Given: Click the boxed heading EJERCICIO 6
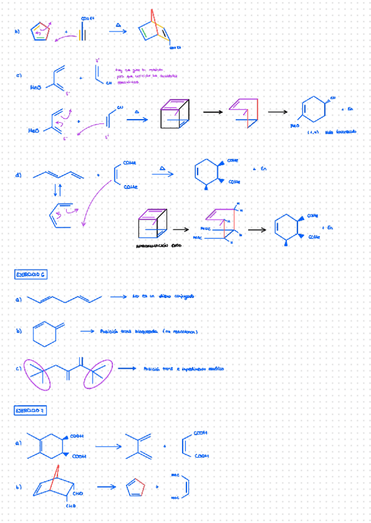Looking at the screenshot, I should (31, 274).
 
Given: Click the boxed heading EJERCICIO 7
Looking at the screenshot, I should (31, 410).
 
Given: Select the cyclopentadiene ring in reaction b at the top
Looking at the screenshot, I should (40, 32).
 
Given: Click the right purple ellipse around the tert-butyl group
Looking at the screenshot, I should (96, 374).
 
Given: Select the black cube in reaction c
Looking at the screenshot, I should (173, 114).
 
